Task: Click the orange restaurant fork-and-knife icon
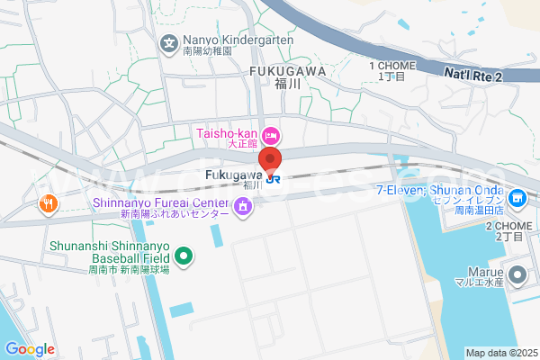[49, 203]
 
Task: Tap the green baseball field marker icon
[184, 257]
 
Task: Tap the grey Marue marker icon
[517, 274]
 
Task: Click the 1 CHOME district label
[392, 66]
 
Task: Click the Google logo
[30, 349]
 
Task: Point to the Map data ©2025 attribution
[500, 352]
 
